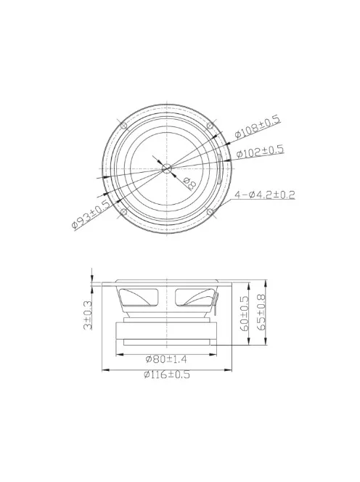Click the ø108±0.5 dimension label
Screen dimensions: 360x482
[258, 126]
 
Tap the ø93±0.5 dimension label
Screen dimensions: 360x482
[91, 214]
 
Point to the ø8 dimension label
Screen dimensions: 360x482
[189, 183]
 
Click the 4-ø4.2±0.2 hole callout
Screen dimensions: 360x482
[265, 195]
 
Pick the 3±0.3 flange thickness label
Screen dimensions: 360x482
[88, 315]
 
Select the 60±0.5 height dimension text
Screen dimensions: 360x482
[244, 314]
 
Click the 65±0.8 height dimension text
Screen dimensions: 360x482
[261, 312]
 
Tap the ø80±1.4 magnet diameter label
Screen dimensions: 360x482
[166, 359]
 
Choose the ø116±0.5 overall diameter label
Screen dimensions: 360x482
[167, 375]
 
